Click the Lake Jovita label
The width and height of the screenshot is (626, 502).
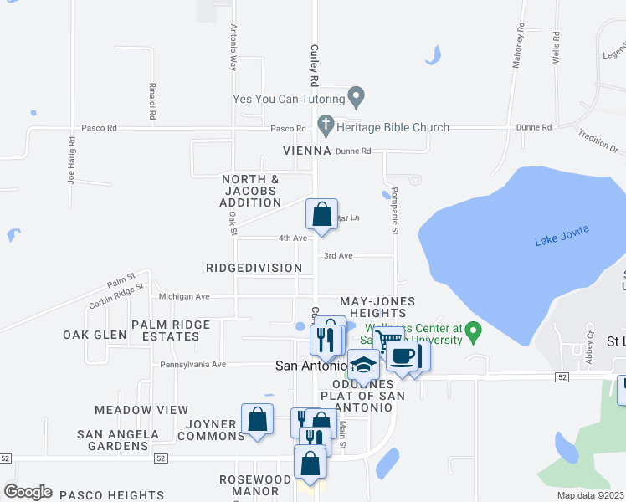(x=562, y=242)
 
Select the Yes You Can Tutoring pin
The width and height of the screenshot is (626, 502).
(x=356, y=98)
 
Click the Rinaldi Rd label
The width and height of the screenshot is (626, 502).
(x=152, y=100)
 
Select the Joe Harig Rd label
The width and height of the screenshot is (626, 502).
(x=72, y=166)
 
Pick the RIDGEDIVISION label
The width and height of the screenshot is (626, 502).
(x=254, y=268)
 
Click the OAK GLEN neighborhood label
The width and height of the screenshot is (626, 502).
(x=95, y=335)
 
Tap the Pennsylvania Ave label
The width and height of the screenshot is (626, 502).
(x=195, y=365)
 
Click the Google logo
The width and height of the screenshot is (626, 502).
(x=28, y=492)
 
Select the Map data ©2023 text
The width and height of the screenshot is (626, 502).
(x=590, y=495)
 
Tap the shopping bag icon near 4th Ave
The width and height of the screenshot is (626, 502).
(x=322, y=215)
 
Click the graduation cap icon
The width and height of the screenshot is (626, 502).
(x=363, y=365)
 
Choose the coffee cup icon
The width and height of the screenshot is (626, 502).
(x=402, y=355)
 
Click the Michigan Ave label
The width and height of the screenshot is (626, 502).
(x=184, y=296)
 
